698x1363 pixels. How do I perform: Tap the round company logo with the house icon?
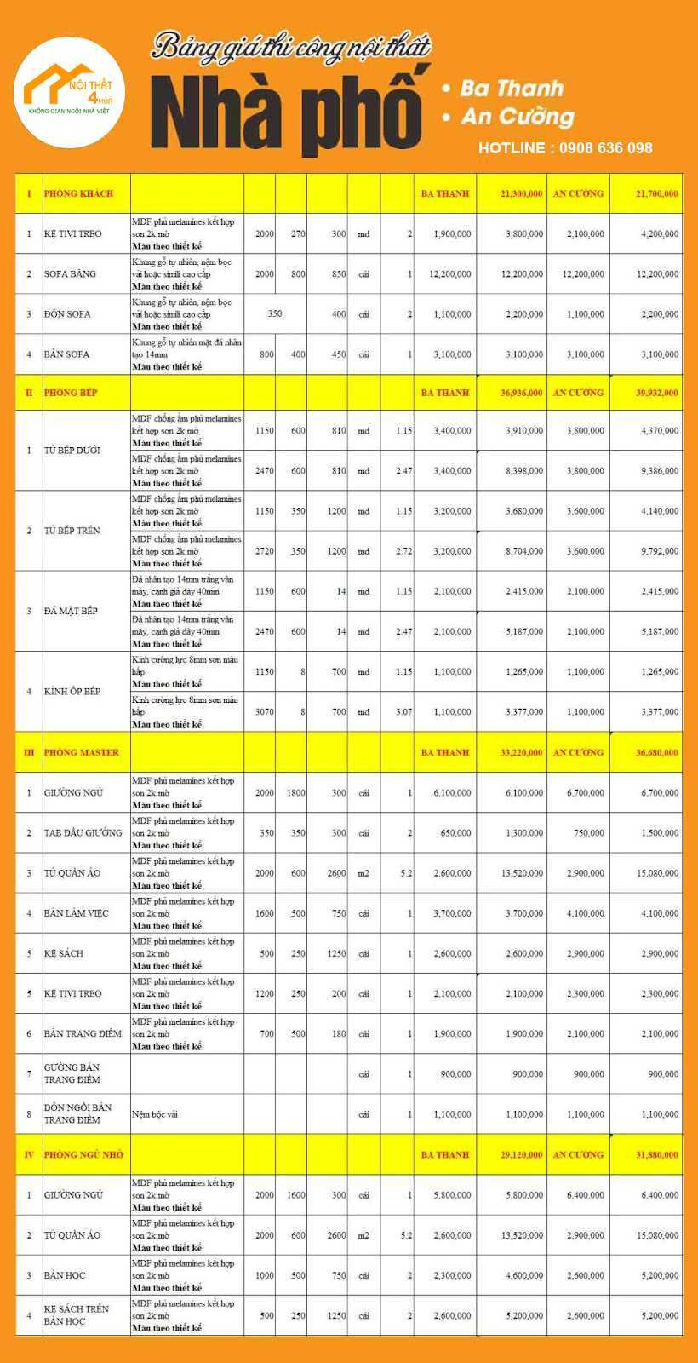[x=70, y=93]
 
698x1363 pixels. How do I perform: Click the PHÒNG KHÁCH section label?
[x=78, y=193]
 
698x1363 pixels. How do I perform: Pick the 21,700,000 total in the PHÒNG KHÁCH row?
[x=657, y=193]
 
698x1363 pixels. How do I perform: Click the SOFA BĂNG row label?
[x=70, y=274]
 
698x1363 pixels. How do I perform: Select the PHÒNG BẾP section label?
[x=71, y=393]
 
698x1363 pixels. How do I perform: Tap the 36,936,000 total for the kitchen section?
[x=521, y=393]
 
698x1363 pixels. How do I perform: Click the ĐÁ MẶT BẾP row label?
[x=71, y=611]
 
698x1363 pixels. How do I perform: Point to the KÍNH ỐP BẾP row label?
[x=72, y=691]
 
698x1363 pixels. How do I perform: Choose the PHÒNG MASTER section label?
[x=82, y=752]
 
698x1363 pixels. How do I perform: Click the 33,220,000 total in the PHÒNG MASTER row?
[x=521, y=752]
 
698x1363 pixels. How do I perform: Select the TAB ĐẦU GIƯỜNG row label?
[x=83, y=832]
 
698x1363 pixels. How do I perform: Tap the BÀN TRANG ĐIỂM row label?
[x=83, y=1033]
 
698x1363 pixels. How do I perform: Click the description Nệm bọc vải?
[x=155, y=1114]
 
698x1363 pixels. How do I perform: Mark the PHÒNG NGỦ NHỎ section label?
[x=83, y=1154]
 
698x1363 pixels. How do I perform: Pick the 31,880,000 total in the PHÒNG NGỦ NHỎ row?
[x=657, y=1154]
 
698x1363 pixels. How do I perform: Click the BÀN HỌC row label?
[x=65, y=1275]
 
